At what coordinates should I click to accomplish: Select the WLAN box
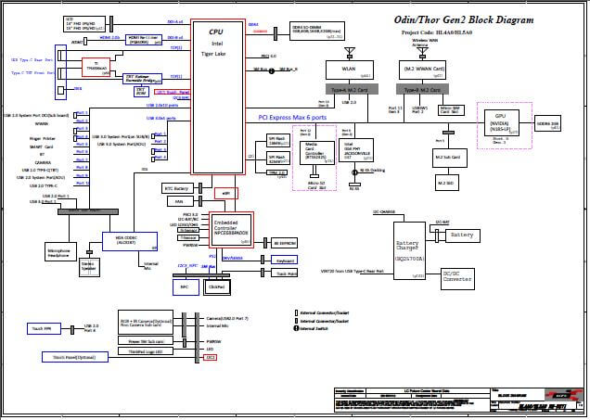(x=349, y=69)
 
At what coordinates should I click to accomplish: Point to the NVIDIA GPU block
(x=499, y=125)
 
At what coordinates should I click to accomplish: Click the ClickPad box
(x=216, y=287)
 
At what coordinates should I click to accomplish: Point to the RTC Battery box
(x=176, y=188)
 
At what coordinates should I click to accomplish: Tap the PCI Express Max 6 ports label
(x=305, y=119)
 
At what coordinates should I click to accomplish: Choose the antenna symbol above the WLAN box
(x=349, y=50)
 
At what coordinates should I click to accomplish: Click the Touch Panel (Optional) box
(x=74, y=356)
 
